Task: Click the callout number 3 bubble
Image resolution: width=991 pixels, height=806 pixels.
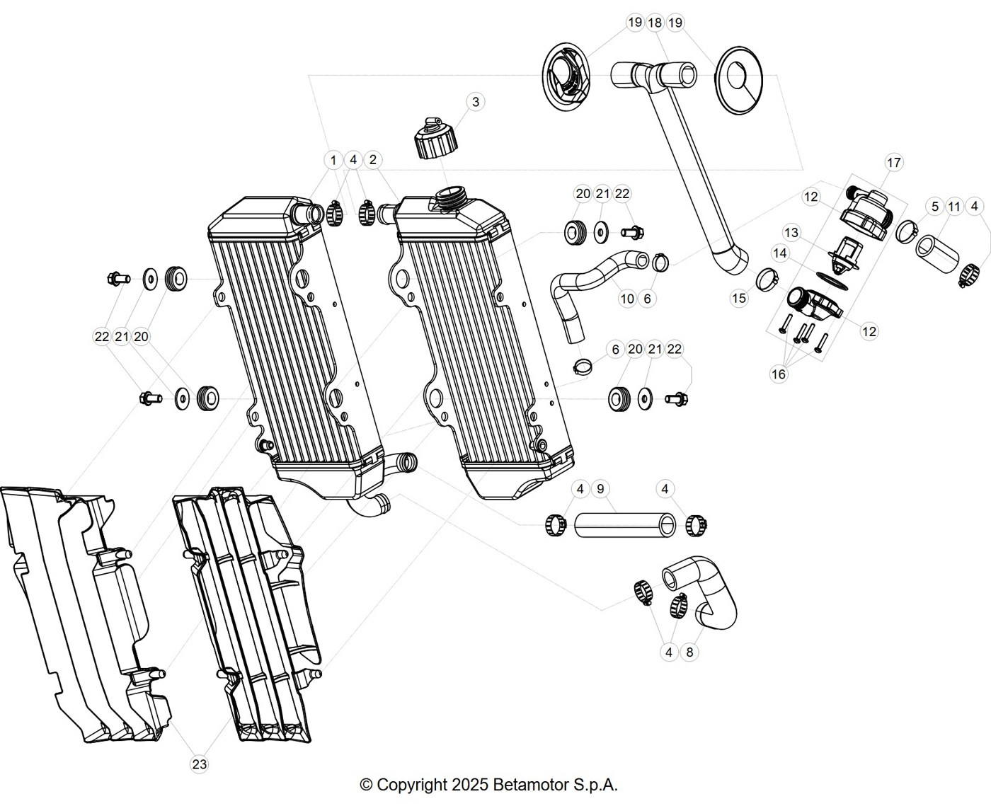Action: pos(475,102)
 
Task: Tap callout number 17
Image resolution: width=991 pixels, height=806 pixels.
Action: pos(893,163)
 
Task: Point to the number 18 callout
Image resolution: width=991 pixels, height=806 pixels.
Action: pos(655,23)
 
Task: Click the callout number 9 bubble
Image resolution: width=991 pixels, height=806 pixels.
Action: pos(600,489)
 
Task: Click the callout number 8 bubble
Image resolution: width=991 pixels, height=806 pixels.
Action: pos(689,652)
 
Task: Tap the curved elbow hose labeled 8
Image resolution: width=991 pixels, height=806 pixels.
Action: pos(702,594)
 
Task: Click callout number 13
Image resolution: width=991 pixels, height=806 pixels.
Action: pos(791,233)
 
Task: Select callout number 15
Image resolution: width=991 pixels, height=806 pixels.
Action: pos(739,298)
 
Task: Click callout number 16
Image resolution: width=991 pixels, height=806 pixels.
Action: pos(779,374)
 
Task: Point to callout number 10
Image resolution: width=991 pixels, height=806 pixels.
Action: pos(627,299)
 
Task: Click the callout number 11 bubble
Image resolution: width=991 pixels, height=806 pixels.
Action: pos(954,207)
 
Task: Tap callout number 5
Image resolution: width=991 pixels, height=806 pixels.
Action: pos(934,207)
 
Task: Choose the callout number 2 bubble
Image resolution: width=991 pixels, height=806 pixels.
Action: pos(372,160)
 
